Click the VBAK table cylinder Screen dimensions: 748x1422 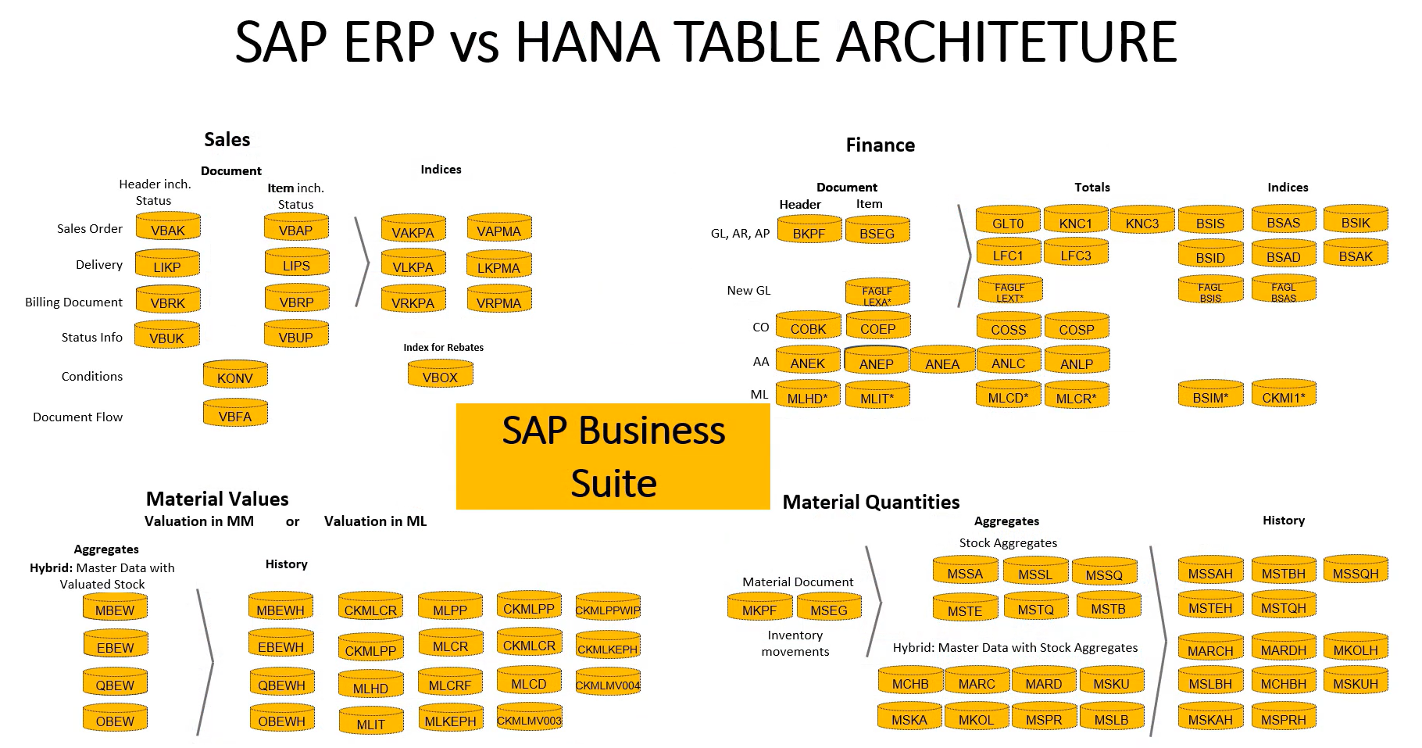(168, 228)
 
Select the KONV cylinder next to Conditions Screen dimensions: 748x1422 (235, 376)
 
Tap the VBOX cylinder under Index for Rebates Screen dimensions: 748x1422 (440, 375)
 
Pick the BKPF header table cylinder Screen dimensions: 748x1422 (808, 231)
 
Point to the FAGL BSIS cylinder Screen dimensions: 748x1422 (1209, 291)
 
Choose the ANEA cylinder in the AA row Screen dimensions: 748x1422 (941, 362)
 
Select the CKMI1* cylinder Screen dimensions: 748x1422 (1283, 395)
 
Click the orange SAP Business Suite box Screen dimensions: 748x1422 (613, 456)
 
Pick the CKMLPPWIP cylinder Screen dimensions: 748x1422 (607, 608)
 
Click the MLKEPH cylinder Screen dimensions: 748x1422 (450, 720)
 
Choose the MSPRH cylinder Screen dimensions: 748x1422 (1283, 718)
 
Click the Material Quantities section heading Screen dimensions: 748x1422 (870, 502)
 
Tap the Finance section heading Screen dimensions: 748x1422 (880, 145)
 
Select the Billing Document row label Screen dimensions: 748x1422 (73, 302)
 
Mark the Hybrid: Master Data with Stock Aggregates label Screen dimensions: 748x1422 (1014, 647)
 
